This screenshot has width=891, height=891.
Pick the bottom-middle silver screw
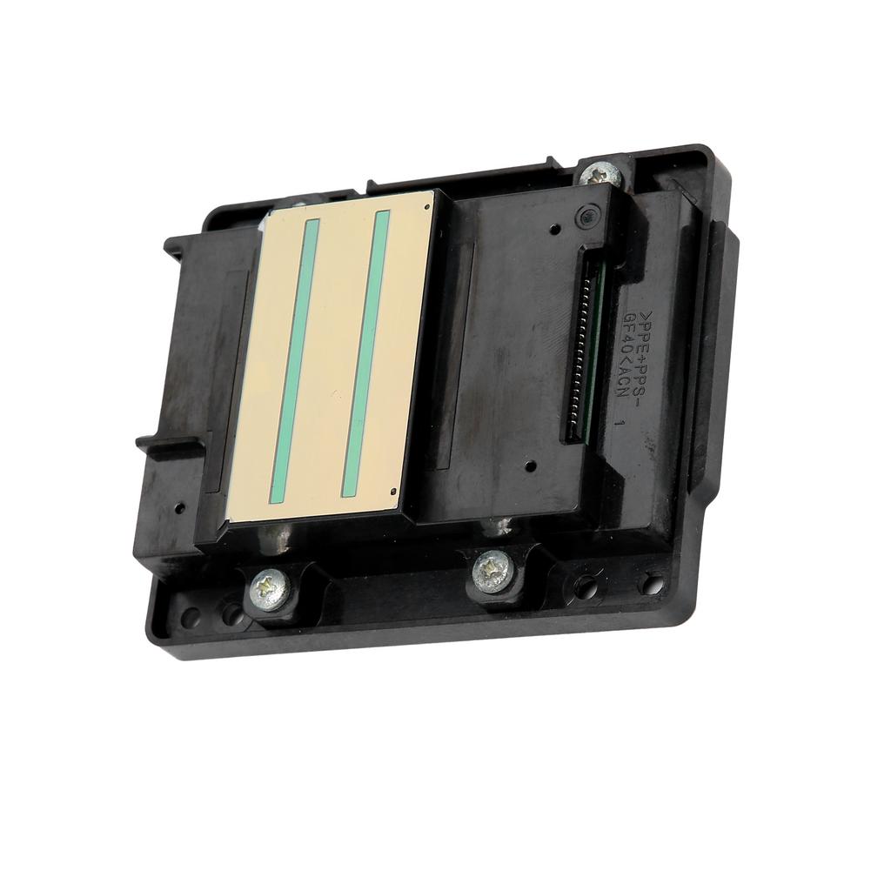pyautogui.click(x=490, y=571)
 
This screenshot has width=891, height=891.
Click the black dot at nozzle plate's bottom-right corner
pyautogui.click(x=395, y=492)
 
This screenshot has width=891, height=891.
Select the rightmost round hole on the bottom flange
pyautogui.click(x=651, y=583)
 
